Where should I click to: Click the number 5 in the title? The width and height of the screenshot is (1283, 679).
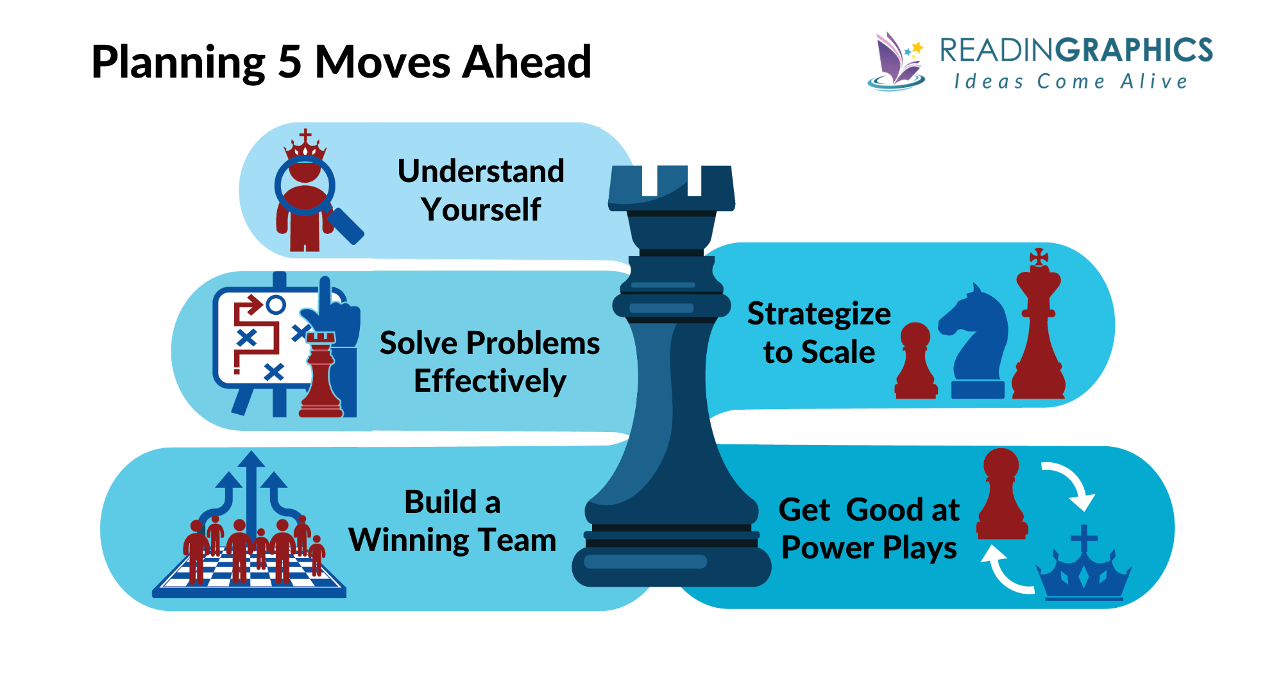(289, 62)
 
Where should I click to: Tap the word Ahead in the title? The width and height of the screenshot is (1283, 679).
(526, 62)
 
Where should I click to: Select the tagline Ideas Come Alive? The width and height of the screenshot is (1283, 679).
(1070, 82)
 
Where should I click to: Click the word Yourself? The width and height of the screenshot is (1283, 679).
(480, 210)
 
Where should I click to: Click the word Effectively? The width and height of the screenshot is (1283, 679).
(489, 381)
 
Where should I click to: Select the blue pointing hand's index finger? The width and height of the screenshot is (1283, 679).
(325, 292)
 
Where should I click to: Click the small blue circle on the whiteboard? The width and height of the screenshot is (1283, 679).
(276, 305)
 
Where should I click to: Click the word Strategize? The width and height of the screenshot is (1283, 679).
(819, 314)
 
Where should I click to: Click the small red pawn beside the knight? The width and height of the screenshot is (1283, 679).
(915, 362)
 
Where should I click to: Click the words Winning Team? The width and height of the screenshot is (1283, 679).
(452, 540)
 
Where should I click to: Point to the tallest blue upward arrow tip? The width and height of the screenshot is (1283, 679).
(251, 459)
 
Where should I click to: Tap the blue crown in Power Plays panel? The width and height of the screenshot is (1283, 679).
(1083, 571)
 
